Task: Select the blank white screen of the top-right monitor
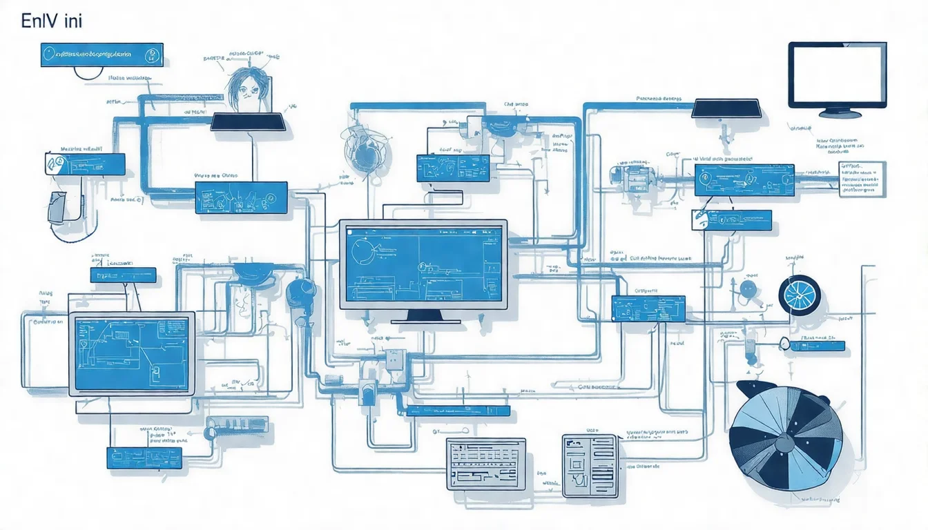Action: tap(838, 75)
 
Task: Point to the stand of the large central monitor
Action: tap(423, 317)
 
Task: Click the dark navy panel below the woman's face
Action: tap(248, 122)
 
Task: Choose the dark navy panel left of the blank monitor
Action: tap(726, 108)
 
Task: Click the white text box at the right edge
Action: tap(862, 179)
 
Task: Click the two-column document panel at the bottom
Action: tap(589, 465)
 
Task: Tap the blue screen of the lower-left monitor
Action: tap(130, 353)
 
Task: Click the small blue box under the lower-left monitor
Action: tap(144, 456)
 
